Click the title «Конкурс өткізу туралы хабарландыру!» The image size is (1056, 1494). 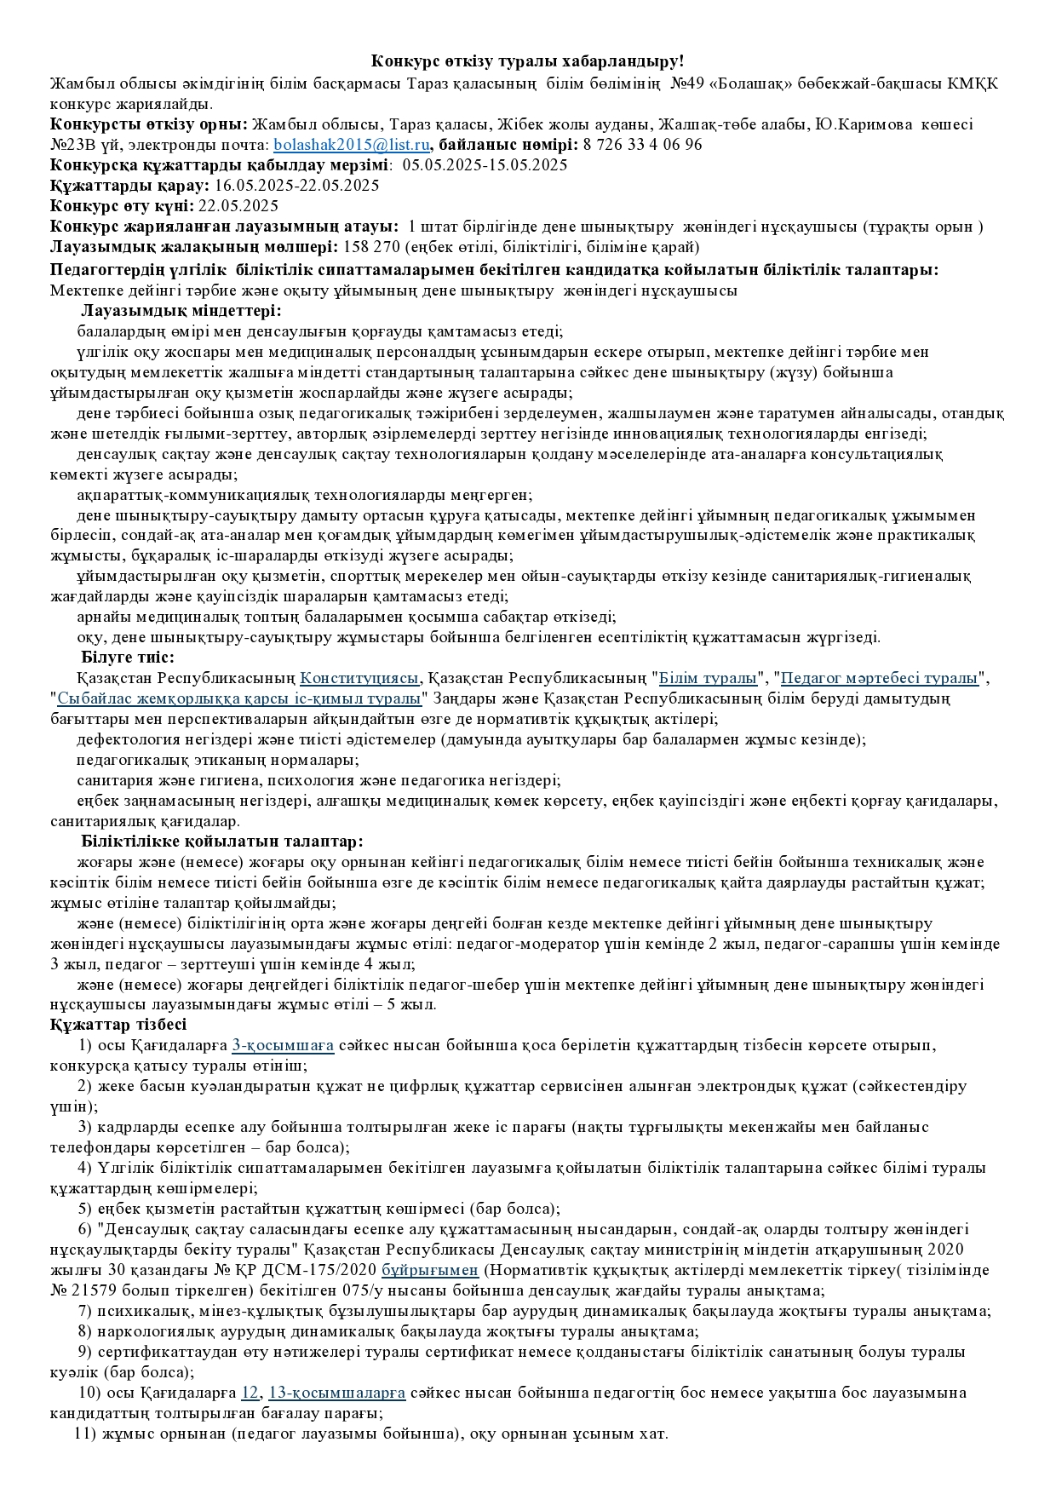point(527,61)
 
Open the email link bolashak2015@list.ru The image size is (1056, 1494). point(351,145)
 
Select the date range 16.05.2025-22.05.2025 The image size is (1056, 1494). point(297,186)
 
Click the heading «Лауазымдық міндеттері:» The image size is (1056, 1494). point(181,311)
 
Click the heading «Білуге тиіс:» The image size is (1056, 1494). point(128,658)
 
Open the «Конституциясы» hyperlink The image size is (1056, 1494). point(359,679)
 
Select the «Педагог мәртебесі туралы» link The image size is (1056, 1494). point(879,679)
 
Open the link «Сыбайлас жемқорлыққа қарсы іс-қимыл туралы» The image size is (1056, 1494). point(239,699)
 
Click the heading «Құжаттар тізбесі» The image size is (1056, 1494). point(118,1025)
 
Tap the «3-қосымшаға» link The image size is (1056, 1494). point(283,1045)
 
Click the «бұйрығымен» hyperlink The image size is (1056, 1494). point(430,1270)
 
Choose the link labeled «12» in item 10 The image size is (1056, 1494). point(250,1393)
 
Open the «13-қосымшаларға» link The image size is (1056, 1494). point(336,1393)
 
